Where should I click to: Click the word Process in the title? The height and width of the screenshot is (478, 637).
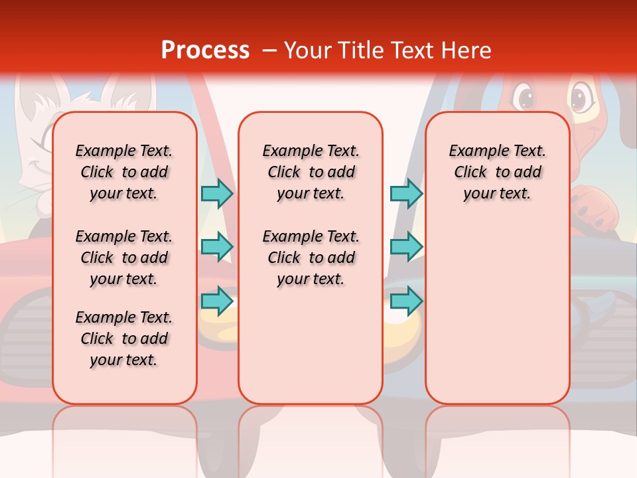[x=205, y=50]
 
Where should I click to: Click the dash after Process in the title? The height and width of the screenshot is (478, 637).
[x=269, y=51]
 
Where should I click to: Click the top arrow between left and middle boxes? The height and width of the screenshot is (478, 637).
[x=217, y=193]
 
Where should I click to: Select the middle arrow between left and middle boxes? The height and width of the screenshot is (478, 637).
[x=217, y=247]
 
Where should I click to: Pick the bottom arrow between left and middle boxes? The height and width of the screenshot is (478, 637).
[x=217, y=301]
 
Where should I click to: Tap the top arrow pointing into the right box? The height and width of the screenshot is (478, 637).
[x=406, y=193]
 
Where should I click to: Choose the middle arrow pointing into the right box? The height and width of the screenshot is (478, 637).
[x=406, y=247]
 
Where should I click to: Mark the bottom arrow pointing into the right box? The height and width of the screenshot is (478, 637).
[x=406, y=301]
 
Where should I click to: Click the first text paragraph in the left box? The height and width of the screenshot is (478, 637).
[x=124, y=172]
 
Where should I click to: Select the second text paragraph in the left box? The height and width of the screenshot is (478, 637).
[x=124, y=258]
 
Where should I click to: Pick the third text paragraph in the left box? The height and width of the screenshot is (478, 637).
[x=124, y=339]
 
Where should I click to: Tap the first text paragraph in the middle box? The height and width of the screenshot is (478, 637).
[x=311, y=172]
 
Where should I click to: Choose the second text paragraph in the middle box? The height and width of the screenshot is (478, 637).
[x=311, y=258]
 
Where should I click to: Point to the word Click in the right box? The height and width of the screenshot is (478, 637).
[x=470, y=173]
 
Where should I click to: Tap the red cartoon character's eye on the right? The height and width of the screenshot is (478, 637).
[x=581, y=98]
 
